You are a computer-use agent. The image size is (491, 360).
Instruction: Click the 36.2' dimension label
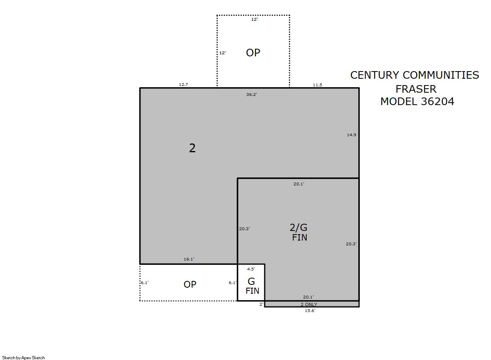point(251,94)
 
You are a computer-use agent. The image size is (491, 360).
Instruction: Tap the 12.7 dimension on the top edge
point(183,85)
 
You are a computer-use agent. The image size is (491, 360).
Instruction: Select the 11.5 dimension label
point(317,85)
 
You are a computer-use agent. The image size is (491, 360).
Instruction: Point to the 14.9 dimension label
point(351,135)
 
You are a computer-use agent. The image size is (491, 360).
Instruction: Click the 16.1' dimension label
point(189,259)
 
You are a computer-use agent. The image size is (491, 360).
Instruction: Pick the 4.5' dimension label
point(251,269)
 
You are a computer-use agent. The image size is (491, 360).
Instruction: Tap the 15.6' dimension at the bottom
point(310,310)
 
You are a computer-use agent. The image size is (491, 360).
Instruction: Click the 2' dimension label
point(261,304)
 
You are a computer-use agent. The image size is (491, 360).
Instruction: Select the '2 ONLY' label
point(309,304)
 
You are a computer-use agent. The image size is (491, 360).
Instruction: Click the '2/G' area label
point(298,227)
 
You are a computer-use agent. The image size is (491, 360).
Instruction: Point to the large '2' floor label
point(192,148)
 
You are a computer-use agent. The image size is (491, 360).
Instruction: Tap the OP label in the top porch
point(253,53)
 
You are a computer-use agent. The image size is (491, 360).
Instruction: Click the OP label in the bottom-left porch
point(190,284)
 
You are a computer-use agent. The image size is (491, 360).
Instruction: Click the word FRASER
point(416,89)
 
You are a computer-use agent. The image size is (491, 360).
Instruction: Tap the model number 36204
point(437,101)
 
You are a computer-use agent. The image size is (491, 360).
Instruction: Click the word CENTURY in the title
point(375,75)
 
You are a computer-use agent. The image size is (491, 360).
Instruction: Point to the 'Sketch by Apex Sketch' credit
point(24,358)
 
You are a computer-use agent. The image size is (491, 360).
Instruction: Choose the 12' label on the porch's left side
point(222,53)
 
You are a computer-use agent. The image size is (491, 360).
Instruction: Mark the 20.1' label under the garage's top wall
point(299,184)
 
